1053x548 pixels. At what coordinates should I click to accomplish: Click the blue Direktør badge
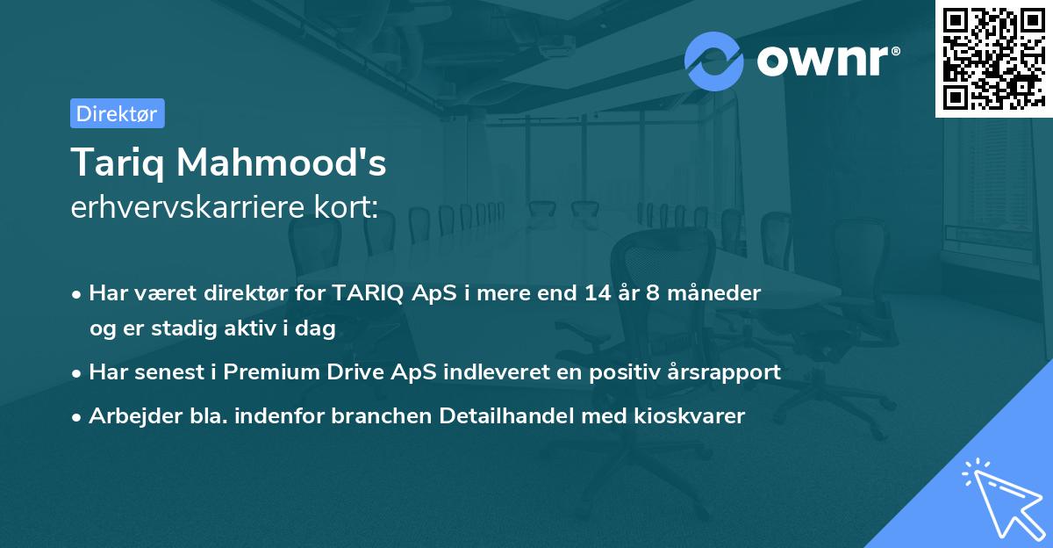(x=117, y=113)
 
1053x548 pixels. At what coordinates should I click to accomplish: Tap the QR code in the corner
(x=993, y=58)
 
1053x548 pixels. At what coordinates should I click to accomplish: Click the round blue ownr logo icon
(x=714, y=61)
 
